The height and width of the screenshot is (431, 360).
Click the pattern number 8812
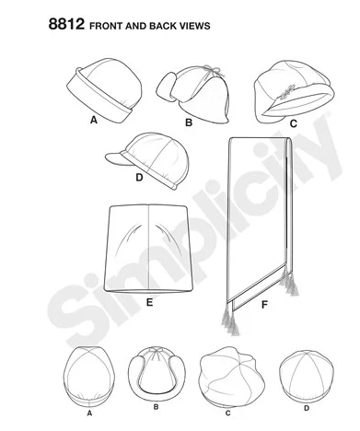pos(66,24)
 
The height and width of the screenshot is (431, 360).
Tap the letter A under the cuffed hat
pos(94,120)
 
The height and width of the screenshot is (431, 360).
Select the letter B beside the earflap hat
pos(189,122)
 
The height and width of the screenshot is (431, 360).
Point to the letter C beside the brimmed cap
pos(294,123)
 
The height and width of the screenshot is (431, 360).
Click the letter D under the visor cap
pos(139,178)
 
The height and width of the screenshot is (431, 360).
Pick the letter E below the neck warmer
pos(149,303)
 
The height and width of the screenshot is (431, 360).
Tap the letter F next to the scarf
pos(264,305)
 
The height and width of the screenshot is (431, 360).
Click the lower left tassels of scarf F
pos(230,321)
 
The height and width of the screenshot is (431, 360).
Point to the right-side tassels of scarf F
pos(288,282)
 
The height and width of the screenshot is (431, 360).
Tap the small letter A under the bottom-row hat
pos(89,414)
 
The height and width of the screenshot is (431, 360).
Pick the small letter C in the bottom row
pos(227,414)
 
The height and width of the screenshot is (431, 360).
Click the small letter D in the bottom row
pos(307,408)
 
